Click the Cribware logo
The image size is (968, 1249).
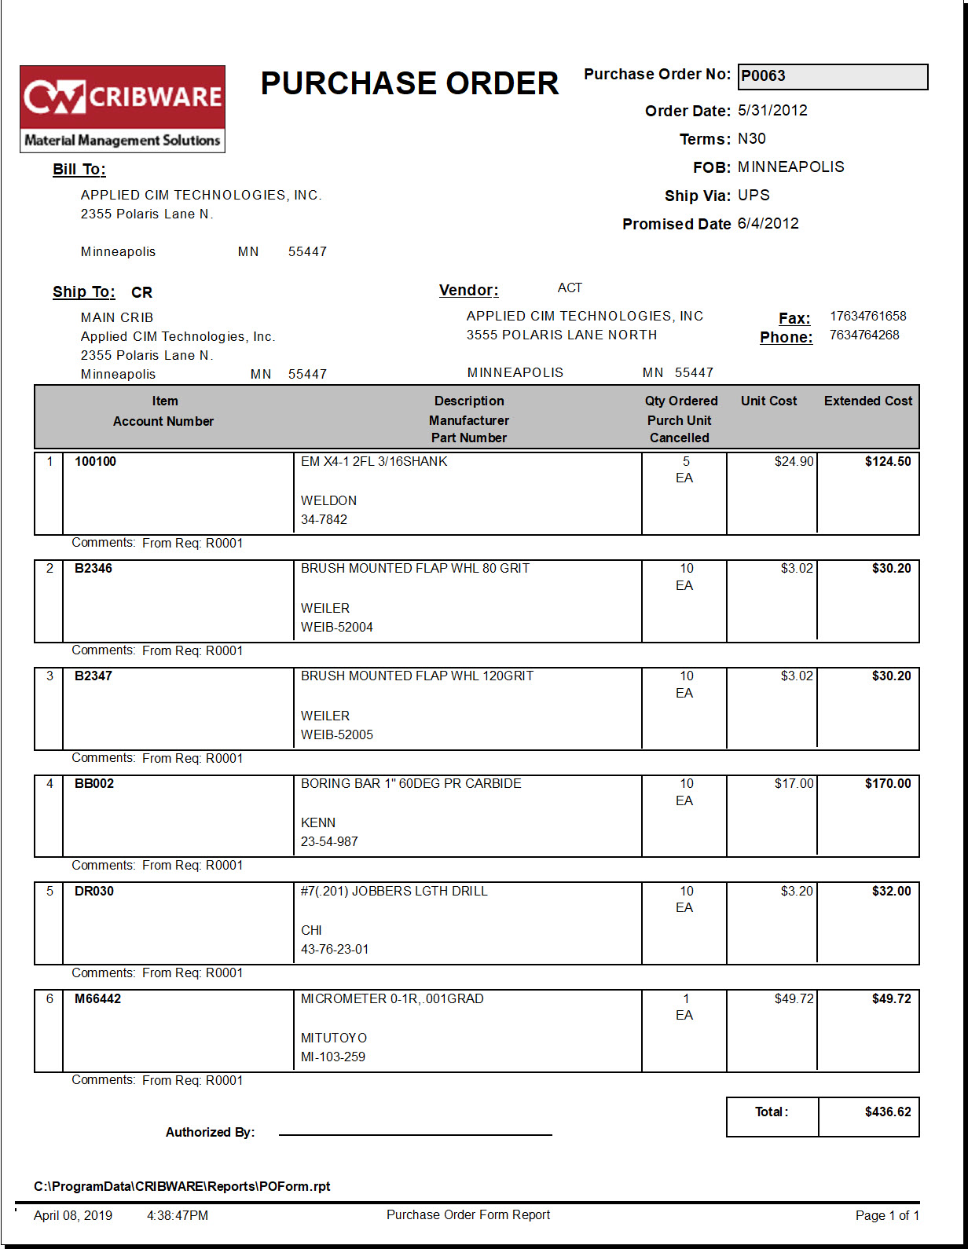[x=123, y=108]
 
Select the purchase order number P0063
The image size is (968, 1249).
[x=763, y=76]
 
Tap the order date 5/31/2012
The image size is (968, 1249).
[x=772, y=111]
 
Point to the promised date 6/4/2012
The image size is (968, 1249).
[x=768, y=224]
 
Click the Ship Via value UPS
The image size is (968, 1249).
[x=753, y=196]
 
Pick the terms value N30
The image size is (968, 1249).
[x=751, y=139]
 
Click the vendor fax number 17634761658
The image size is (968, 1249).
[x=867, y=317]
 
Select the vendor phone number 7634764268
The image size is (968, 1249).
[x=864, y=335]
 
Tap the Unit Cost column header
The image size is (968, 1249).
[x=768, y=401]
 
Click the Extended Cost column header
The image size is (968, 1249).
[x=868, y=401]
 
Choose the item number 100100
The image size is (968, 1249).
[x=95, y=462]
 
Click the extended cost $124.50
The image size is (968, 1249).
[x=888, y=462]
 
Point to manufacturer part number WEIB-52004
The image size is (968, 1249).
[x=337, y=628]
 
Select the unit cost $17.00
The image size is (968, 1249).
[x=794, y=784]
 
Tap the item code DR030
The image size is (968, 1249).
[x=94, y=892]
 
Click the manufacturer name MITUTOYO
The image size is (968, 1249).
[x=334, y=1038]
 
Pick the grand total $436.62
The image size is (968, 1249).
[x=888, y=1112]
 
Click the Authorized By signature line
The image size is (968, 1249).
[x=415, y=1134]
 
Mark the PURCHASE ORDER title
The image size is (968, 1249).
[x=409, y=84]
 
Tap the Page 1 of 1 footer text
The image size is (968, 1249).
[x=887, y=1216]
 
